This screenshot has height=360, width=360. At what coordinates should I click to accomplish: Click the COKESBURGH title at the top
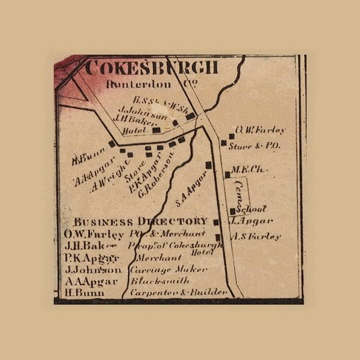click(x=151, y=68)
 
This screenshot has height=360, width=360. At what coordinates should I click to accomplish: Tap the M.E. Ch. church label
click(x=248, y=170)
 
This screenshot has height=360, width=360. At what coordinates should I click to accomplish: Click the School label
click(x=251, y=209)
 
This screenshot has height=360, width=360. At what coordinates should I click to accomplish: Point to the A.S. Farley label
click(x=256, y=236)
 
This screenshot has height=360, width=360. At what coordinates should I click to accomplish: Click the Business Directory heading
click(x=140, y=221)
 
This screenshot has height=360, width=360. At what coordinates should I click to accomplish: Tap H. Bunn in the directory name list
click(x=84, y=292)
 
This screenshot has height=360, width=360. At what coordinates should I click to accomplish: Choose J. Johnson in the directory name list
click(x=92, y=269)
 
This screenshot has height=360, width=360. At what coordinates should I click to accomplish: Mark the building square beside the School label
click(x=233, y=211)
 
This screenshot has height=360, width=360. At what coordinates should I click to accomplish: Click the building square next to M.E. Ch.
click(x=227, y=175)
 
